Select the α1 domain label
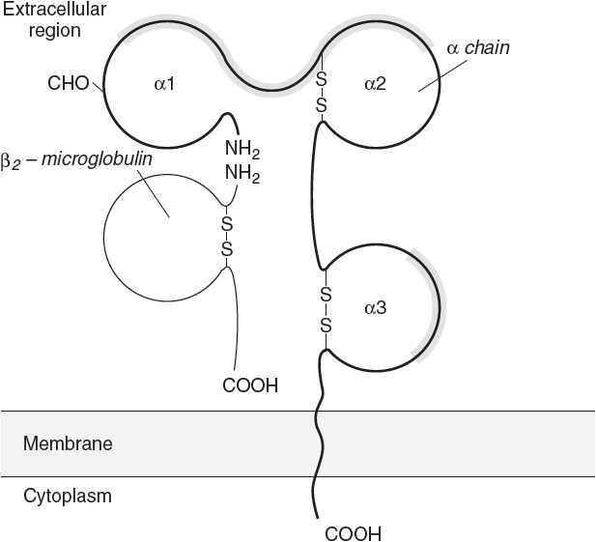(x=164, y=84)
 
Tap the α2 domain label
(x=375, y=84)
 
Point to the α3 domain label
(x=375, y=308)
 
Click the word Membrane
(x=68, y=444)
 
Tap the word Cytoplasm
(x=68, y=496)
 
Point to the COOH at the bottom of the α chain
(x=353, y=532)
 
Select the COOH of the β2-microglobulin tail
(x=250, y=386)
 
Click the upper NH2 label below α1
(x=242, y=150)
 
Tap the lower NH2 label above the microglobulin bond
(x=242, y=174)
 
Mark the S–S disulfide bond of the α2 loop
(x=321, y=89)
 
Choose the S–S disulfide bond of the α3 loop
(x=325, y=310)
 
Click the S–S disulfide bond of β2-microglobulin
(x=227, y=236)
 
